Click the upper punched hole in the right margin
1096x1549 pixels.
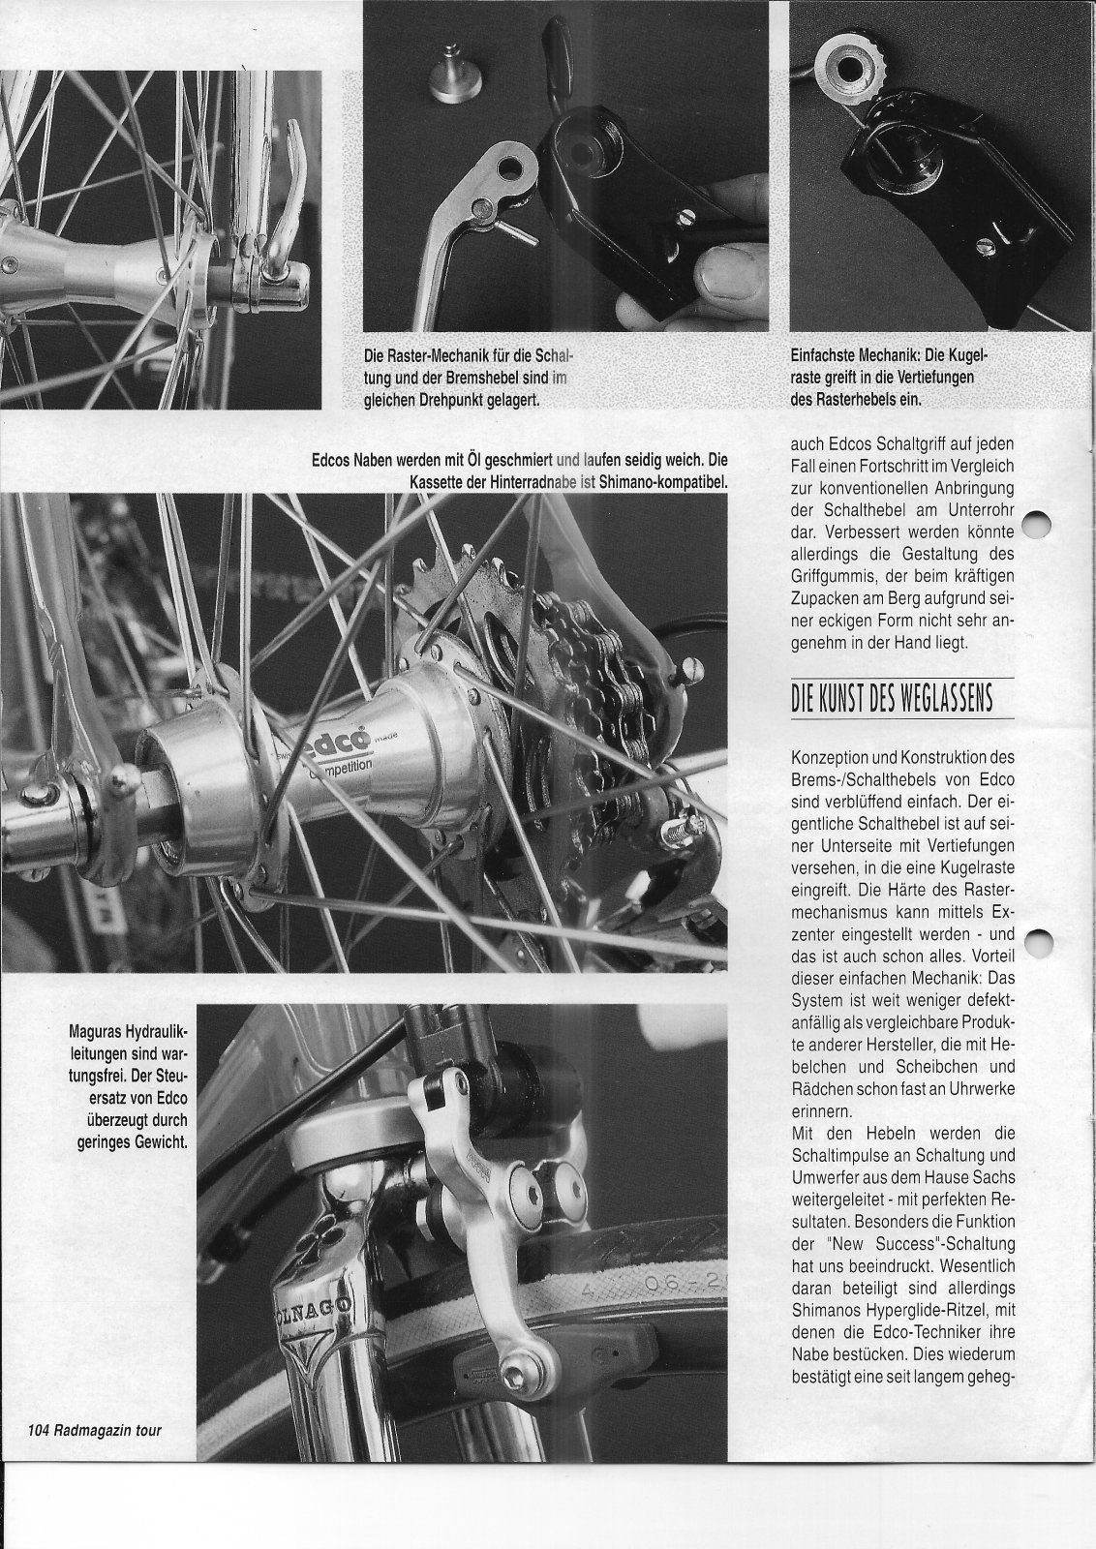[x=1035, y=524]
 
